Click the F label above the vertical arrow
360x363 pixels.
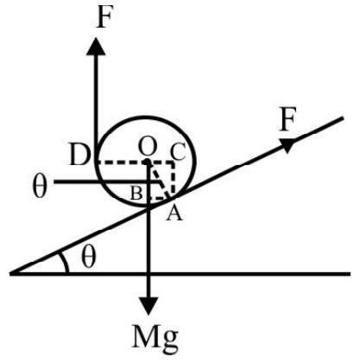(x=104, y=17)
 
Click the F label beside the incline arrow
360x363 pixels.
(x=287, y=119)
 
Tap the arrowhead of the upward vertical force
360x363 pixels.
(x=96, y=46)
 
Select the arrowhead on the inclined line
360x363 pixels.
(x=287, y=145)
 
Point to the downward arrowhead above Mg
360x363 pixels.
(x=148, y=306)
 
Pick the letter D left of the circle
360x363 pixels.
(x=79, y=155)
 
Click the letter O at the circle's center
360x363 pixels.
(x=148, y=145)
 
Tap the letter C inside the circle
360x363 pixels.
(x=179, y=151)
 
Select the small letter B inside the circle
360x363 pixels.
(x=137, y=193)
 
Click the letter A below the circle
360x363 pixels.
(x=174, y=213)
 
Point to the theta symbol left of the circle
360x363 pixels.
(x=39, y=187)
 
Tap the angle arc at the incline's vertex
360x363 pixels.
(x=66, y=261)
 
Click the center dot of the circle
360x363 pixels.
(x=147, y=162)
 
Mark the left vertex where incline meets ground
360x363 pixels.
(x=10, y=274)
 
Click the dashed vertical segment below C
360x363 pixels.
(x=174, y=179)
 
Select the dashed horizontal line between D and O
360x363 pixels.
(x=121, y=162)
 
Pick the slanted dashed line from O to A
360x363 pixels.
(x=160, y=180)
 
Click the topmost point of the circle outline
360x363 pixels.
(x=146, y=117)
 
